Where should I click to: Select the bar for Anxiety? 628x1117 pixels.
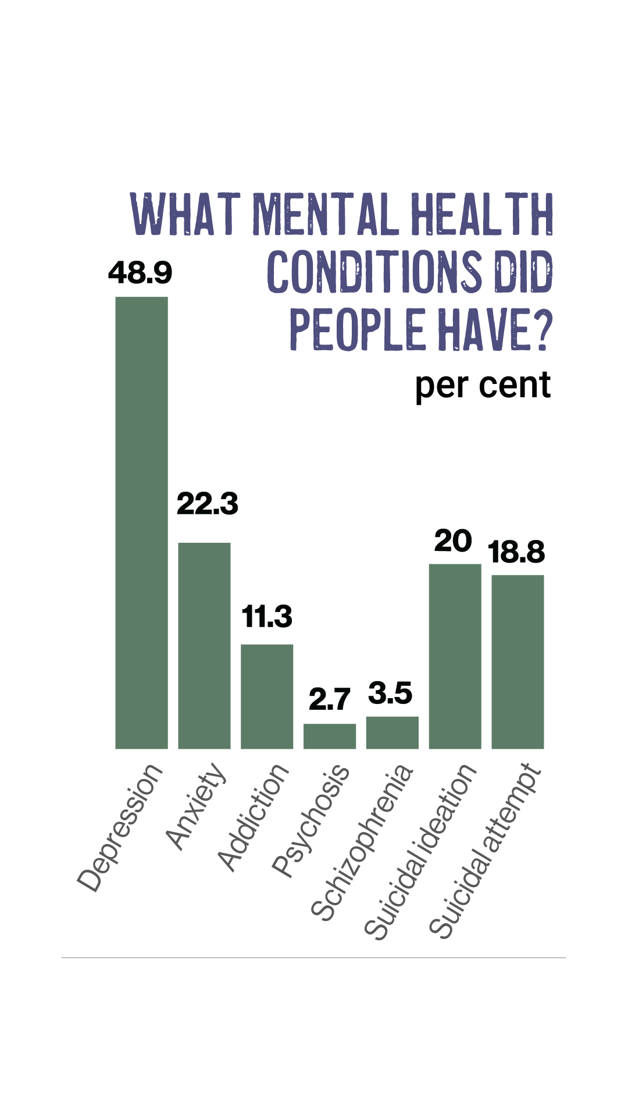coord(204,645)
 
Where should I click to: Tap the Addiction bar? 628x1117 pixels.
coord(267,696)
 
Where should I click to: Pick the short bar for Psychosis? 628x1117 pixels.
coord(330,736)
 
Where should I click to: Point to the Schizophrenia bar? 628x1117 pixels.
coord(392,732)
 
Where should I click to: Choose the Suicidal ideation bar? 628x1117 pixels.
coord(455,656)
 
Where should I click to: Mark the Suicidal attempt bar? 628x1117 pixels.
coord(518,661)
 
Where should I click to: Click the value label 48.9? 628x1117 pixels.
coord(140,272)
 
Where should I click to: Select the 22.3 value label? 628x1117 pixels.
coord(208,503)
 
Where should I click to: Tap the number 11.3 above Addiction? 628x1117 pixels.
coord(267,616)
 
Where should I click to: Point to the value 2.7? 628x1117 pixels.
coord(330,699)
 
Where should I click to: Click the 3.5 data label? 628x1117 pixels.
coord(390,693)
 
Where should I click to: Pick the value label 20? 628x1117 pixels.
coord(453,541)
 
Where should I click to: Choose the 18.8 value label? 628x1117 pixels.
coord(517,552)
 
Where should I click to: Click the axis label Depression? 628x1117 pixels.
coord(120,828)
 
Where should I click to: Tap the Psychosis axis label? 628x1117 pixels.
coord(312,821)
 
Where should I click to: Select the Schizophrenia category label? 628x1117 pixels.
coord(363,843)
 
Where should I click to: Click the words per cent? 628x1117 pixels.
coord(483,385)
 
